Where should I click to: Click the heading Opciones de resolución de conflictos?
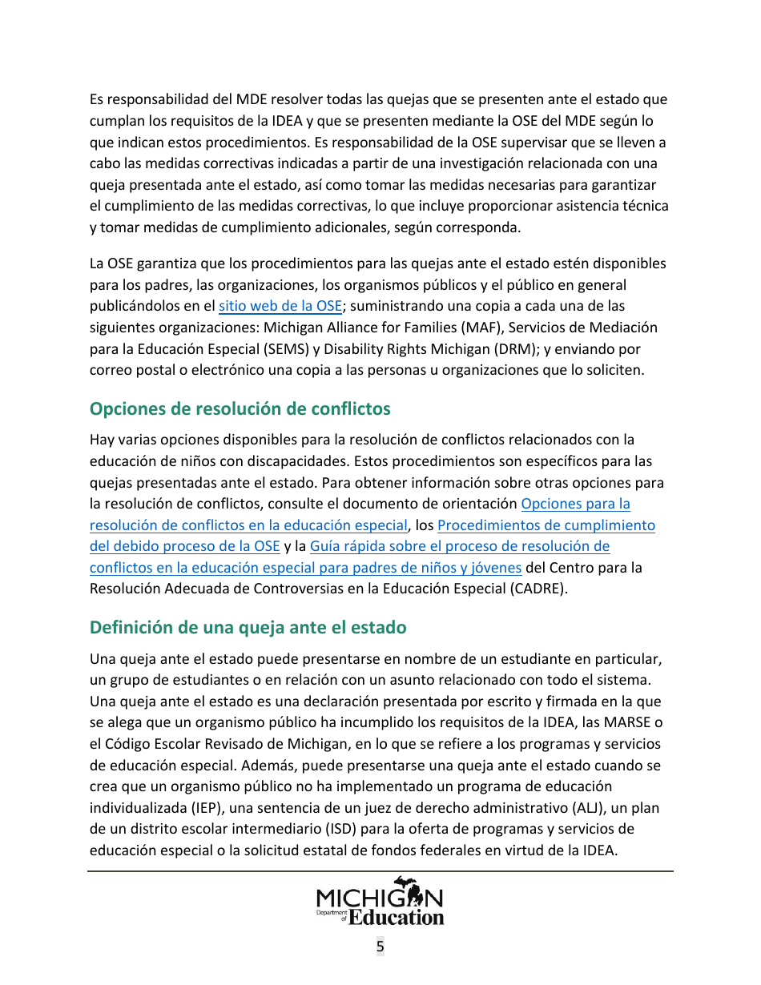pyautogui.click(x=240, y=409)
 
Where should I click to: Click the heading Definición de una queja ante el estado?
pyautogui.click(x=248, y=628)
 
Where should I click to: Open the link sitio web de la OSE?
pyautogui.click(x=280, y=306)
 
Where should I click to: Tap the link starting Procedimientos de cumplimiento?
pyautogui.click(x=546, y=526)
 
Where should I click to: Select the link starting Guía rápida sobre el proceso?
pyautogui.click(x=459, y=547)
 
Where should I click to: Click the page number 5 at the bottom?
pyautogui.click(x=380, y=947)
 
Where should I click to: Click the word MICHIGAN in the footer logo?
pyautogui.click(x=380, y=897)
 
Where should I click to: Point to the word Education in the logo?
pyautogui.click(x=397, y=917)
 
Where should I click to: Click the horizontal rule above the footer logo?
pyautogui.click(x=380, y=871)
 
